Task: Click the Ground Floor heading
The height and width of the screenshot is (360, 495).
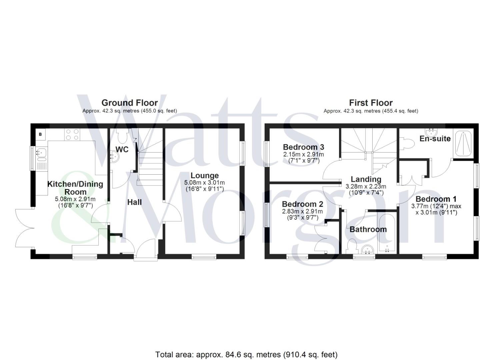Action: [129, 103]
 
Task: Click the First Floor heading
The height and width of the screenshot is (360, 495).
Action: [371, 103]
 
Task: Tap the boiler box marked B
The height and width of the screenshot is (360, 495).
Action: [41, 135]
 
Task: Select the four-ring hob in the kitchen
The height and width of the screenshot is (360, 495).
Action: [72, 134]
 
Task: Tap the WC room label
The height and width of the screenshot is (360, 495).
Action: [122, 149]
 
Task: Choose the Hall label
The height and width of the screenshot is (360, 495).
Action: [134, 202]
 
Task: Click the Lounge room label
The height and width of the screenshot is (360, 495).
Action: [204, 175]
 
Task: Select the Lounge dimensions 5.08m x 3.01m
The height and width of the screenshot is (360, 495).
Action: [204, 183]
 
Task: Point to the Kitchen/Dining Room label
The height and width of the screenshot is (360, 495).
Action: [75, 188]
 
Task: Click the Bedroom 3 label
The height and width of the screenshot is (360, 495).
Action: [303, 147]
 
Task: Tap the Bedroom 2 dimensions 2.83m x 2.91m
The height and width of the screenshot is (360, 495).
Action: [302, 211]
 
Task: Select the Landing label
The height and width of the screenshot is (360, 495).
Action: [366, 179]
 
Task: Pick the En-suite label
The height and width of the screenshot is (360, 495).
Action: [435, 139]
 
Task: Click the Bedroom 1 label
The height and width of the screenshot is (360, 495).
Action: [436, 199]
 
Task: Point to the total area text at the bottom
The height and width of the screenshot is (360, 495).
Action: [246, 354]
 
